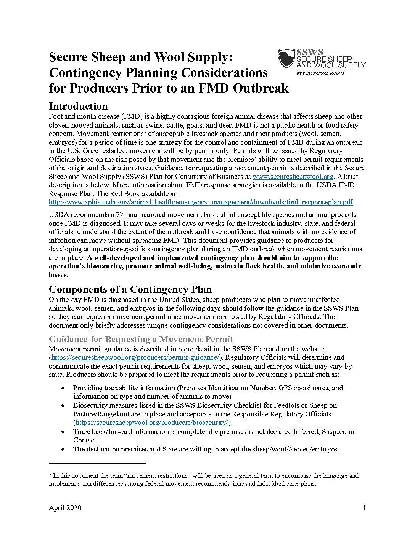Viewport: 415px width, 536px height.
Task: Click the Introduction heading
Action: pyautogui.click(x=78, y=106)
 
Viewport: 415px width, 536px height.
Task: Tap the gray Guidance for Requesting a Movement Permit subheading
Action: pyautogui.click(x=141, y=339)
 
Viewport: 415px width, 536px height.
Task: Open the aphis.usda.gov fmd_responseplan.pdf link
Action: pyautogui.click(x=201, y=202)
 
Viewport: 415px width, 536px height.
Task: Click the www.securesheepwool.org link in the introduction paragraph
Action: pyautogui.click(x=293, y=177)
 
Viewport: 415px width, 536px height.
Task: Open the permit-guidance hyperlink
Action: pyautogui.click(x=135, y=357)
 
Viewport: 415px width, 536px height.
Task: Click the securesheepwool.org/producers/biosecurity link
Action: pyautogui.click(x=152, y=423)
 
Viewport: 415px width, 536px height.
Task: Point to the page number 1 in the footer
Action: pyautogui.click(x=364, y=508)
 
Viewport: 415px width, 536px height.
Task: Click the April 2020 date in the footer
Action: pyautogui.click(x=65, y=508)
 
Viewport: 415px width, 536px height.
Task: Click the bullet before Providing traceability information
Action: pyautogui.click(x=63, y=388)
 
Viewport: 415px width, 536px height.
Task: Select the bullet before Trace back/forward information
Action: pyautogui.click(x=63, y=432)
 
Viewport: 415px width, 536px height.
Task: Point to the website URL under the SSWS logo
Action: pyautogui.click(x=320, y=73)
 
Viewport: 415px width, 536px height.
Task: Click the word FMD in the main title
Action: pyautogui.click(x=214, y=88)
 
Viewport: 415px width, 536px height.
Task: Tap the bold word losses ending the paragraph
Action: pyautogui.click(x=58, y=275)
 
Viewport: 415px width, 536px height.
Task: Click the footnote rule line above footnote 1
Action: pyautogui.click(x=98, y=463)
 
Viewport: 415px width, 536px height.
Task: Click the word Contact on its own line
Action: pyautogui.click(x=85, y=440)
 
